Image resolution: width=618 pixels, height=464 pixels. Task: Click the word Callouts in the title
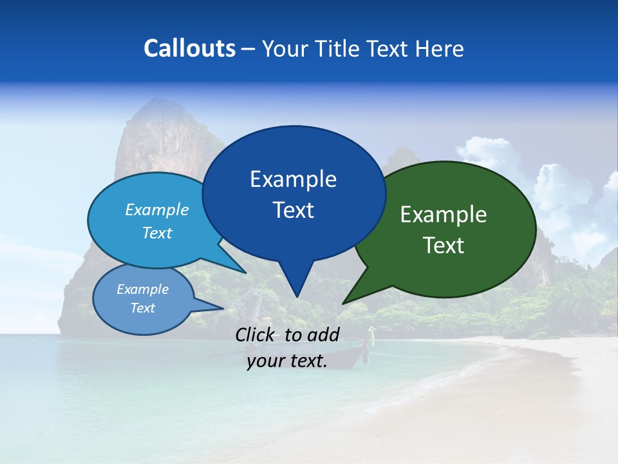point(190,48)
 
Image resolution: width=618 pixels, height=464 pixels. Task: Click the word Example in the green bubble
point(444,215)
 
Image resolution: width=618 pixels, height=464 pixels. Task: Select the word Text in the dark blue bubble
point(294,210)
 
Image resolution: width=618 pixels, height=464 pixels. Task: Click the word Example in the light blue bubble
point(156,209)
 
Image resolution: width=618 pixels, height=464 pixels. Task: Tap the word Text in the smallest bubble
point(142,308)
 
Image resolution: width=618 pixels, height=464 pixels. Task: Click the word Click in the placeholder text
point(256,334)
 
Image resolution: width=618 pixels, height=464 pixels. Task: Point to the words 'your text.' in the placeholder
point(287,361)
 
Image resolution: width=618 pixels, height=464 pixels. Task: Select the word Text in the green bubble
point(444,245)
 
